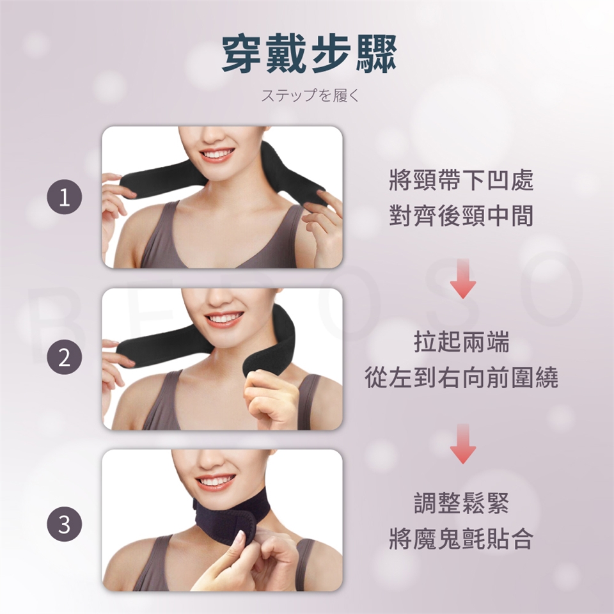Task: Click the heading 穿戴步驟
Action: pyautogui.click(x=310, y=55)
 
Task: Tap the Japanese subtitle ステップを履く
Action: pyautogui.click(x=310, y=95)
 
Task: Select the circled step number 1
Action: pyautogui.click(x=65, y=196)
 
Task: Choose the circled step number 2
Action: pyautogui.click(x=65, y=357)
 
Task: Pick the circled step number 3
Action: pyautogui.click(x=65, y=524)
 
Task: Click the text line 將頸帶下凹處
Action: pyautogui.click(x=461, y=180)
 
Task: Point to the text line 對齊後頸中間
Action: pyautogui.click(x=461, y=216)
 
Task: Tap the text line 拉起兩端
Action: pyautogui.click(x=462, y=342)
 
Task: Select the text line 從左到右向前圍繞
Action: pyautogui.click(x=462, y=377)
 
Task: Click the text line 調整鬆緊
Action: pyautogui.click(x=462, y=503)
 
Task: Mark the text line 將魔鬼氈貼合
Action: pyautogui.click(x=461, y=539)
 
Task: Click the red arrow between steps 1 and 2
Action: pyautogui.click(x=463, y=279)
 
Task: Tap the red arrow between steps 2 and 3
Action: pyautogui.click(x=463, y=444)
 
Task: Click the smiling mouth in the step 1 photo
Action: pyautogui.click(x=217, y=154)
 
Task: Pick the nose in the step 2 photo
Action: pyautogui.click(x=219, y=299)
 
